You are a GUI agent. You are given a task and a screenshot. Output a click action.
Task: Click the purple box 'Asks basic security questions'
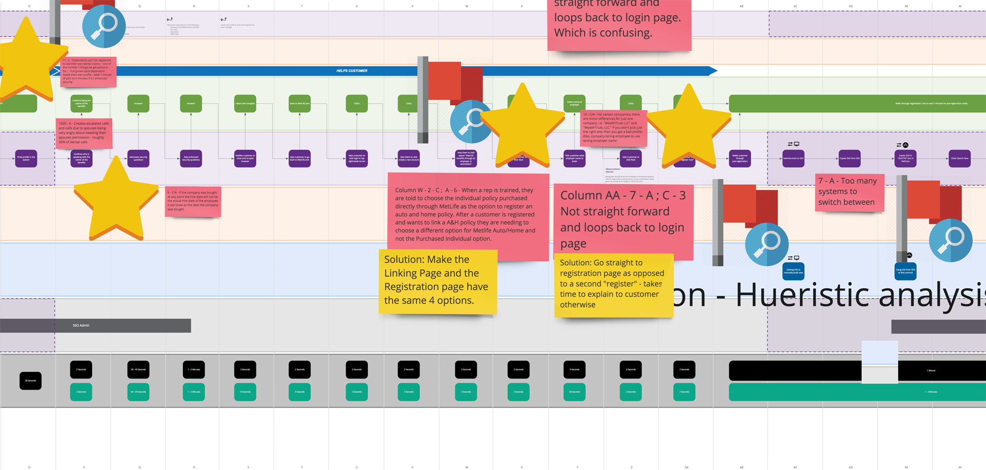click(138, 159)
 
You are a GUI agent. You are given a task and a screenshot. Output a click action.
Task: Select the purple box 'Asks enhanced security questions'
click(191, 159)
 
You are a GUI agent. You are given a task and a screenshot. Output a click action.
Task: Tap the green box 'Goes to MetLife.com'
click(300, 103)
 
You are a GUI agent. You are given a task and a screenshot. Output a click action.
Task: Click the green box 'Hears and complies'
click(245, 103)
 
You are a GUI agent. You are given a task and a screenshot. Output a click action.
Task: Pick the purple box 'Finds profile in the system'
click(26, 159)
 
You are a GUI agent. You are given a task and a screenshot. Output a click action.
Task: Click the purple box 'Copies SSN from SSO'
click(849, 159)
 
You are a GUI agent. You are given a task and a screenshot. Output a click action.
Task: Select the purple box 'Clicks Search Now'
click(959, 159)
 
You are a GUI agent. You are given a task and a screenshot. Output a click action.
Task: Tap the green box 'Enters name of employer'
click(574, 103)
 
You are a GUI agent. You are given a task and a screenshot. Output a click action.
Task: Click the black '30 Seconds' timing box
click(31, 381)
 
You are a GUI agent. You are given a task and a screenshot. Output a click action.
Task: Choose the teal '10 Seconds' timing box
click(245, 392)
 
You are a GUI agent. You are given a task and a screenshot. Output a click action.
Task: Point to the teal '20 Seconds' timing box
click(574, 392)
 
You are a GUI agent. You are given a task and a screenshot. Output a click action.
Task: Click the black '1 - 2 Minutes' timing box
click(194, 369)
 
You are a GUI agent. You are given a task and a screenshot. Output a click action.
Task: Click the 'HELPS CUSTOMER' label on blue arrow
click(352, 71)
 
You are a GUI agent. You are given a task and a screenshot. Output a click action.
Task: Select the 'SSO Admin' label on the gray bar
click(81, 326)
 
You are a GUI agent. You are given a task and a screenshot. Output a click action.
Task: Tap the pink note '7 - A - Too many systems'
click(849, 192)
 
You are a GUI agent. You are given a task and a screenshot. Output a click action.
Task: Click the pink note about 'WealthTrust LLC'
click(613, 128)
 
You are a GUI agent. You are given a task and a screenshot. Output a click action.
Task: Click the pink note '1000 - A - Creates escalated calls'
click(84, 133)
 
